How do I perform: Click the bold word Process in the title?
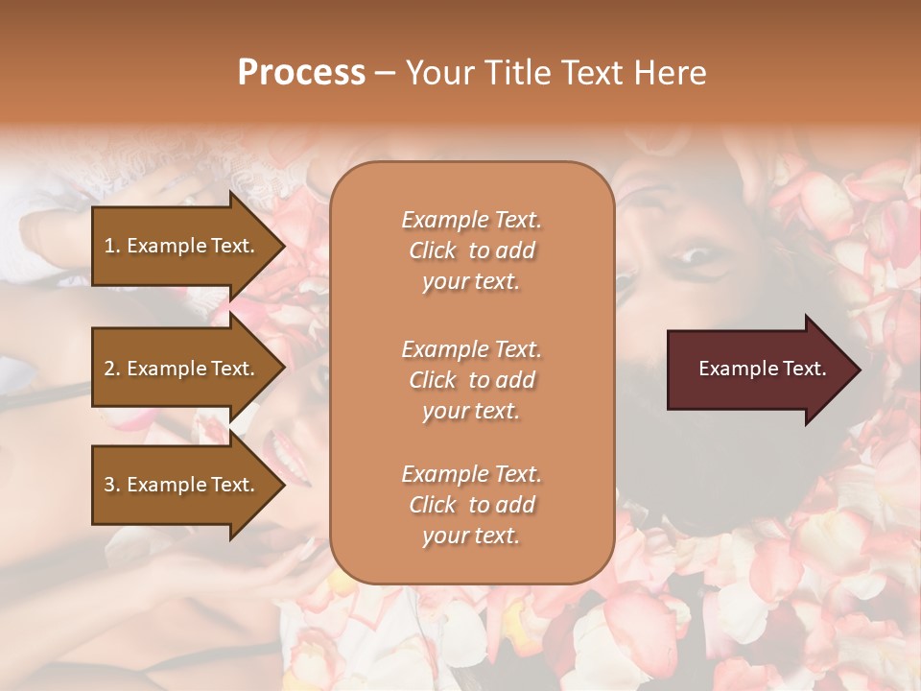(x=301, y=73)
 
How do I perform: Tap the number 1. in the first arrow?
(x=112, y=246)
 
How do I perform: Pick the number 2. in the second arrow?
(x=112, y=369)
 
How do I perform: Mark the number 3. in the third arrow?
(x=112, y=485)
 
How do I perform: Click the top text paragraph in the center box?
(x=471, y=250)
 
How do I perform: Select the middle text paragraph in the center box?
(x=471, y=380)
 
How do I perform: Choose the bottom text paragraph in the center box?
(x=471, y=505)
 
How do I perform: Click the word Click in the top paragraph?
(x=432, y=250)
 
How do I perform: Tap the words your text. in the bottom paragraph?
(x=471, y=536)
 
